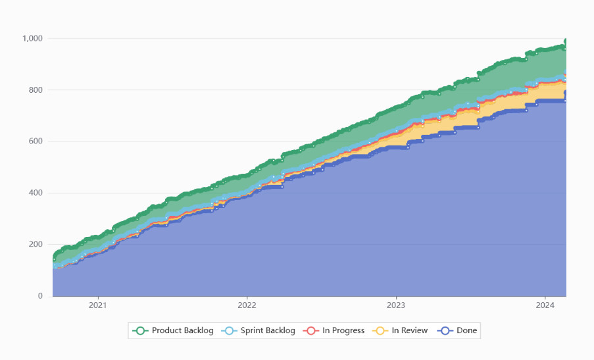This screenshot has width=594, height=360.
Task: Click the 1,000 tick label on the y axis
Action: tap(32, 38)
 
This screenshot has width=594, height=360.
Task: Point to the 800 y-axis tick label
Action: tap(36, 90)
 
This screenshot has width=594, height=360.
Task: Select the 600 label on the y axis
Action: tap(36, 141)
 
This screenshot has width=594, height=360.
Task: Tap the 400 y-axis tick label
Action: tap(36, 193)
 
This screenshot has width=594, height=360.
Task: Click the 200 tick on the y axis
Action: tap(36, 244)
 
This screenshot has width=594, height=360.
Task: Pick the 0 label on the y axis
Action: tap(40, 296)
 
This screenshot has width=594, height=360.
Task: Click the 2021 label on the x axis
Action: tap(98, 305)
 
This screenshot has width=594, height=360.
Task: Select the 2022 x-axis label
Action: tap(247, 305)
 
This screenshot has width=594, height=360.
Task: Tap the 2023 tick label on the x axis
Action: tap(396, 305)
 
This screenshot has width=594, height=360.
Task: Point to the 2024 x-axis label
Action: tap(545, 305)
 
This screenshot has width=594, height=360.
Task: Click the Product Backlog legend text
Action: tap(182, 330)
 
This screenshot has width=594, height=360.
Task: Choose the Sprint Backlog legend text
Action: tap(268, 330)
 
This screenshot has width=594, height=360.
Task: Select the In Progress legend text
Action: tap(343, 330)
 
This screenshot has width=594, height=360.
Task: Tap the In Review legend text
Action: tap(410, 330)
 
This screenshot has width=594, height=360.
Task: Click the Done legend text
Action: tap(466, 330)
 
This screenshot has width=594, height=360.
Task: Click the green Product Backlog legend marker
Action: tap(139, 330)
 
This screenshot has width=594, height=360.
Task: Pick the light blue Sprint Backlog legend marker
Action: tap(228, 330)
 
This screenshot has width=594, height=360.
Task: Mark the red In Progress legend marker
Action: tap(310, 330)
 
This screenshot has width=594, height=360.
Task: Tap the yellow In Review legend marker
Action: tap(380, 330)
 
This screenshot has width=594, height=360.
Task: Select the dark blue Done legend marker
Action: tap(444, 330)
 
